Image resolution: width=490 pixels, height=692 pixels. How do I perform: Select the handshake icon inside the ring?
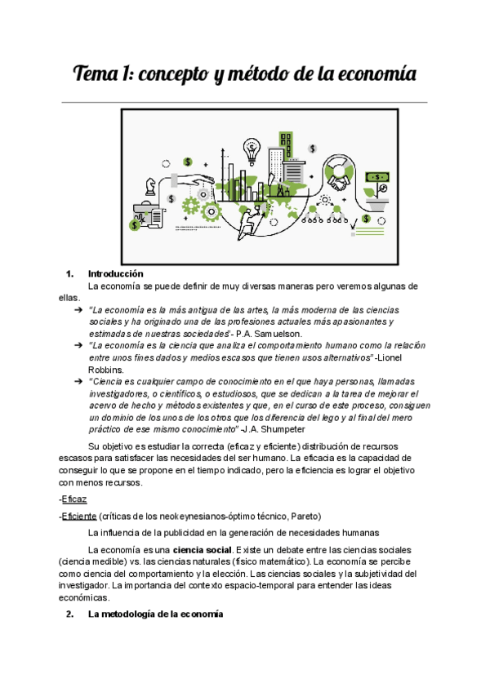click(337, 173)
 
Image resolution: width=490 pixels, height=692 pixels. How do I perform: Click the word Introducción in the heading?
click(115, 274)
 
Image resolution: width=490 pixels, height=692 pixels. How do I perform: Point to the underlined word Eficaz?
click(75, 499)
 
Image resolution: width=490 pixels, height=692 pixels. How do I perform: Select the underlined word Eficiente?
click(79, 517)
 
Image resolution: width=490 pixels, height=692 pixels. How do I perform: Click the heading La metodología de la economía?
click(155, 614)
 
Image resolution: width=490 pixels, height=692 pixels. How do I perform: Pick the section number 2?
click(69, 614)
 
